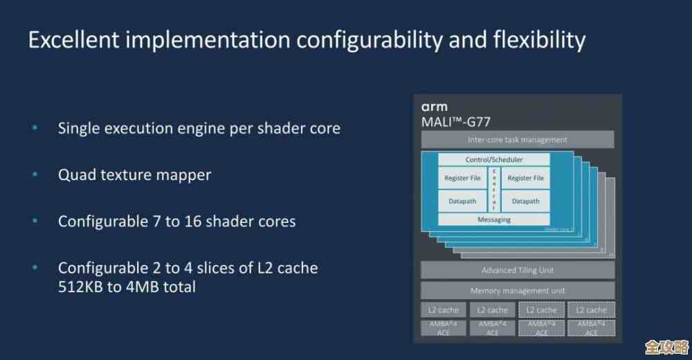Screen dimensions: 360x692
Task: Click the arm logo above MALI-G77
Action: [435, 107]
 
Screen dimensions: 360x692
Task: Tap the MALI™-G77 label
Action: [459, 123]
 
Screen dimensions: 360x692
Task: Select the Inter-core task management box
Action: [518, 140]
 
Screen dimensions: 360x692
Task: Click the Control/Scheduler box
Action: [494, 160]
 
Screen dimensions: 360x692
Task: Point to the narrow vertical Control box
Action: [494, 190]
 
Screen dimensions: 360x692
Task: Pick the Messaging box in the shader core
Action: [494, 219]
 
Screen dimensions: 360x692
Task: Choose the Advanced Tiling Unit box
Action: [518, 270]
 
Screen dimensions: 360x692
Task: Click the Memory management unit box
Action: [518, 291]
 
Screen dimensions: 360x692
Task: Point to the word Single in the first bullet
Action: [80, 128]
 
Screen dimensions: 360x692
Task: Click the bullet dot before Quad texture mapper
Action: [35, 175]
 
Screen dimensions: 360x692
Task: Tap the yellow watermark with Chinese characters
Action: [664, 345]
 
